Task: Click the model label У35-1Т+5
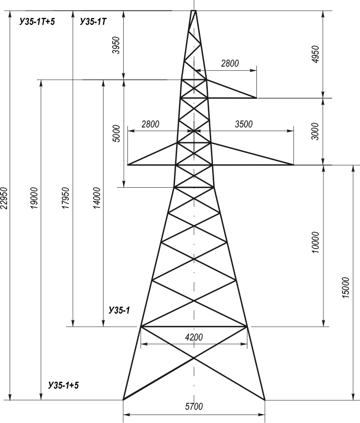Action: [x=37, y=22]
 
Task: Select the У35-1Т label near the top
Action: [x=93, y=22]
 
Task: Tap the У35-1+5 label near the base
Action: [x=63, y=385]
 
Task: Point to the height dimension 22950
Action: [x=5, y=198]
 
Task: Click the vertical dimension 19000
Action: [x=34, y=198]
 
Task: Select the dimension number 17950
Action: [x=66, y=198]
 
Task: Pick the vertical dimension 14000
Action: [x=97, y=198]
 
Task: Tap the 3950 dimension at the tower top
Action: [x=116, y=45]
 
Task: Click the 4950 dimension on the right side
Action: [x=315, y=54]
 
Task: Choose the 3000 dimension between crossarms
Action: [x=315, y=131]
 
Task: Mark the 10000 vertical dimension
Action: [x=315, y=242]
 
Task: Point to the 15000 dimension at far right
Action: [x=346, y=288]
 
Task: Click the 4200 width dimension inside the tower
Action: [x=194, y=337]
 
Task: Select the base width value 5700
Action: [x=194, y=406]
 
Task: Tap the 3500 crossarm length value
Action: [x=244, y=124]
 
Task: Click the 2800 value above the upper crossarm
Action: [x=230, y=63]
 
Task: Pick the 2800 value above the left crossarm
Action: [x=151, y=124]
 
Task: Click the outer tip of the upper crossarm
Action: [x=256, y=98]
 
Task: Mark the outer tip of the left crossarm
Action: [x=128, y=164]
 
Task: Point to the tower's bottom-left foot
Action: [x=123, y=400]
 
